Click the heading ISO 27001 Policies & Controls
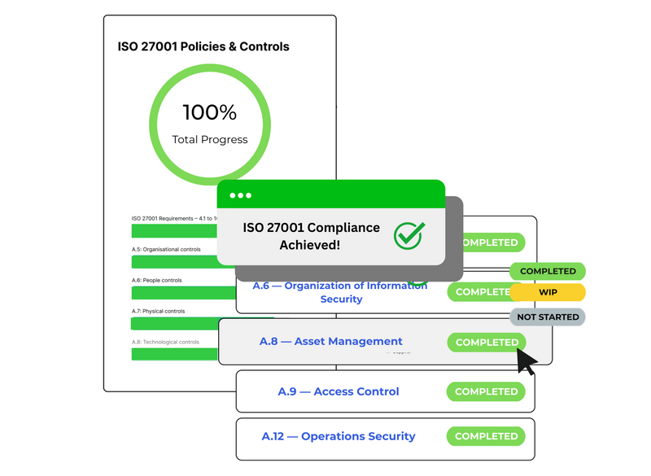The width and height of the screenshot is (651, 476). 203,46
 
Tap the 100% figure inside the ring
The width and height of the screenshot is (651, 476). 209,112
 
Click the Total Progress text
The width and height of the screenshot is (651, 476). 209,139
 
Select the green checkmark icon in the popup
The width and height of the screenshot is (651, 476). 409,234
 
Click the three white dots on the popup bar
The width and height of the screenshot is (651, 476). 241,195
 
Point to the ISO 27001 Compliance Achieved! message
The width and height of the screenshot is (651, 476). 311,235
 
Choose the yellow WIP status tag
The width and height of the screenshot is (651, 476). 548,292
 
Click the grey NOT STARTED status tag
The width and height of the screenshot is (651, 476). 548,317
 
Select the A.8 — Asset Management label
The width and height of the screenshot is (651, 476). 330,342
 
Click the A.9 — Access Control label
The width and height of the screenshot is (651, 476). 339,391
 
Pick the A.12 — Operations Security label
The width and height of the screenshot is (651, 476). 339,436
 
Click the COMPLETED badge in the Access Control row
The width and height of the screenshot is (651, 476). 487,391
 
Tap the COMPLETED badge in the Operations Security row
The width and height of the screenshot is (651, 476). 487,436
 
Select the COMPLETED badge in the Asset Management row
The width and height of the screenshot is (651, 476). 487,343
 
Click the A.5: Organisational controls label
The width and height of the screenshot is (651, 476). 166,250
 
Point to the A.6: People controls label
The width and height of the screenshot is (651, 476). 158,280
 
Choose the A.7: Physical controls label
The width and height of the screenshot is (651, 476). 158,311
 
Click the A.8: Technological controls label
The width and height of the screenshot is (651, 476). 165,342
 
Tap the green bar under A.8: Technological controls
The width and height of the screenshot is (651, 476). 163,355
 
